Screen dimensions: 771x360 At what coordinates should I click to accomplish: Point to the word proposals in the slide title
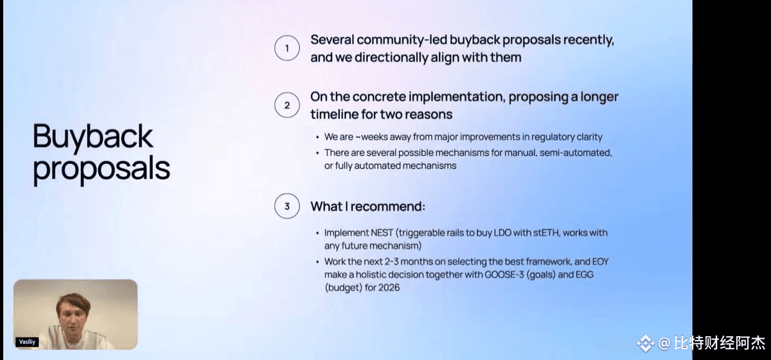click(x=102, y=170)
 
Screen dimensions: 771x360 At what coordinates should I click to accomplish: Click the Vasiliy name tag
click(x=27, y=342)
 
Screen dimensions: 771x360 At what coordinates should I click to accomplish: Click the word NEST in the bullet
click(x=382, y=233)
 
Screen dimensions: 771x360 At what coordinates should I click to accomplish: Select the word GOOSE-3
click(x=504, y=274)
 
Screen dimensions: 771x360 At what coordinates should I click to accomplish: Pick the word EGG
click(x=585, y=274)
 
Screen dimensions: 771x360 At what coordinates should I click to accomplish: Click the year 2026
click(x=389, y=287)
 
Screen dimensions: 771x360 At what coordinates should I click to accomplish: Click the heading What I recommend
click(x=368, y=206)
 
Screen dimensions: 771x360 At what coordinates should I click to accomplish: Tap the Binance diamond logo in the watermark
click(x=645, y=343)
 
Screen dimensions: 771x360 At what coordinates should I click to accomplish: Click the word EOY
click(x=600, y=262)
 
